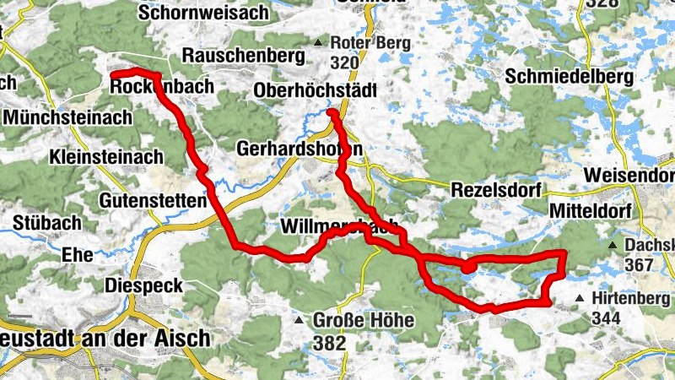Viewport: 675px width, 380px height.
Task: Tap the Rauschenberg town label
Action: click(243, 56)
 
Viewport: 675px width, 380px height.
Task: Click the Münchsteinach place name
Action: click(67, 117)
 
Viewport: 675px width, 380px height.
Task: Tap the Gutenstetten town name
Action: click(153, 201)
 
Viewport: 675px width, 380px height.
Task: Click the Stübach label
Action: click(47, 224)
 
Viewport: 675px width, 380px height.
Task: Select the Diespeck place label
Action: click(143, 286)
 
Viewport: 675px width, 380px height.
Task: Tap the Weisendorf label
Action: click(628, 174)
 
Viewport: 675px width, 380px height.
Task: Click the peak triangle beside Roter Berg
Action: click(318, 42)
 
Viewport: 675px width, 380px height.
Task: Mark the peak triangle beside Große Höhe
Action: click(298, 321)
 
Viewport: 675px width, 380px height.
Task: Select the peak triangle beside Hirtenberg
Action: click(580, 299)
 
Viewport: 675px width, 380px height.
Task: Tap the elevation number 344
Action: click(606, 318)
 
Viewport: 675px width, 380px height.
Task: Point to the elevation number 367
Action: click(641, 265)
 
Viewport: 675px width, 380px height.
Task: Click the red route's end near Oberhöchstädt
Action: click(331, 112)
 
